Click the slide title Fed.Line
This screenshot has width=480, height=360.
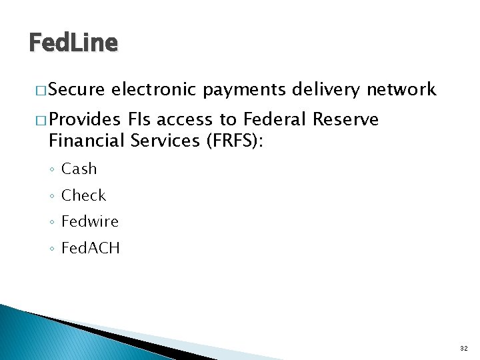(x=73, y=43)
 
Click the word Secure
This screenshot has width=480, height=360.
(x=77, y=89)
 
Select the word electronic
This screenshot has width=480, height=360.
(x=155, y=89)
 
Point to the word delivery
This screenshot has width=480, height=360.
(x=327, y=90)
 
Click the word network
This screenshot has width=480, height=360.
(x=401, y=89)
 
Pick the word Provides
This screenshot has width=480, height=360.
(x=84, y=120)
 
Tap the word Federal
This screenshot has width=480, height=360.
(x=273, y=120)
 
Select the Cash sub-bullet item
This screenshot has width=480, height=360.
(x=79, y=169)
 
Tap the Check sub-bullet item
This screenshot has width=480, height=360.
(x=83, y=195)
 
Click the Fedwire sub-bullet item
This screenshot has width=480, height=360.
(x=89, y=221)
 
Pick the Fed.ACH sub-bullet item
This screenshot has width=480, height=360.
(x=90, y=248)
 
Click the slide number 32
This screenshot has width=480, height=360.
(x=463, y=348)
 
